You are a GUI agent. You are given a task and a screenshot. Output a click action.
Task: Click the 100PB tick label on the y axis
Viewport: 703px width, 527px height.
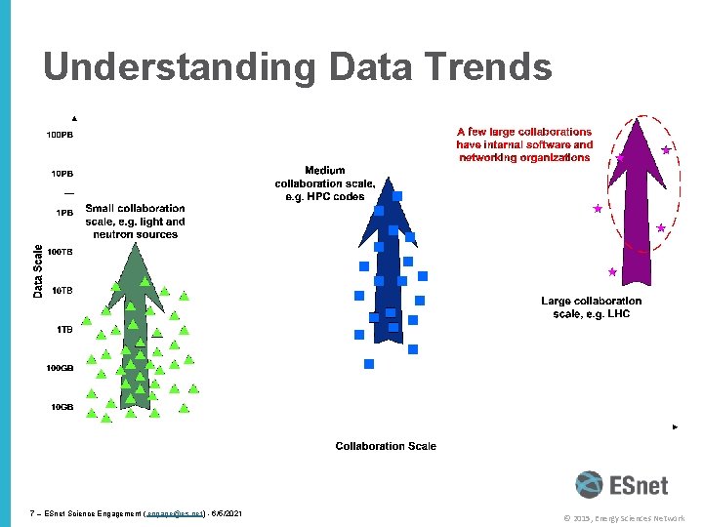pyautogui.click(x=59, y=135)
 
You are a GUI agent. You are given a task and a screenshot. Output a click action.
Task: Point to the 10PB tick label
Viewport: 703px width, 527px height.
pyautogui.click(x=62, y=174)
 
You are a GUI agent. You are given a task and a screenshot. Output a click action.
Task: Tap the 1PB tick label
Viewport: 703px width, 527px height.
pyautogui.click(x=64, y=213)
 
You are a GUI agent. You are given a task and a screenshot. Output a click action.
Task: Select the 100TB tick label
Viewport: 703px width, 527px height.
pyautogui.click(x=61, y=252)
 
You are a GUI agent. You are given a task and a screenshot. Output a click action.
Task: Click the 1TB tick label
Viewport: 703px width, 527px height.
pyautogui.click(x=64, y=330)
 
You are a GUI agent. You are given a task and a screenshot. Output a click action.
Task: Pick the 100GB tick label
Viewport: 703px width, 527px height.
pyautogui.click(x=60, y=368)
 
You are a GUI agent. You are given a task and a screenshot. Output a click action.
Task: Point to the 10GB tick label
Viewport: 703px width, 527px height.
pyautogui.click(x=62, y=406)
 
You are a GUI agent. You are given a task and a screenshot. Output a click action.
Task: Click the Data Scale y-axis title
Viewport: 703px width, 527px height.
pyautogui.click(x=38, y=270)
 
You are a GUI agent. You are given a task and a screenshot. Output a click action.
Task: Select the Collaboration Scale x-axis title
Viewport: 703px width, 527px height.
pyautogui.click(x=386, y=446)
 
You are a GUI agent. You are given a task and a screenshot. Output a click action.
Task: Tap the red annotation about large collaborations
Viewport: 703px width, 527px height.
pyautogui.click(x=524, y=144)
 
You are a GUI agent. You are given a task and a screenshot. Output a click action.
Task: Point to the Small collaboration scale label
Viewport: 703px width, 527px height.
pyautogui.click(x=135, y=221)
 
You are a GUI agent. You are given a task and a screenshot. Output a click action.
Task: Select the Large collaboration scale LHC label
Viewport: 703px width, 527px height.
pyautogui.click(x=592, y=307)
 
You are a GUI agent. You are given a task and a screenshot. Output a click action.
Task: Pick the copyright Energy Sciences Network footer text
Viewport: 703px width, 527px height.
pyautogui.click(x=624, y=518)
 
